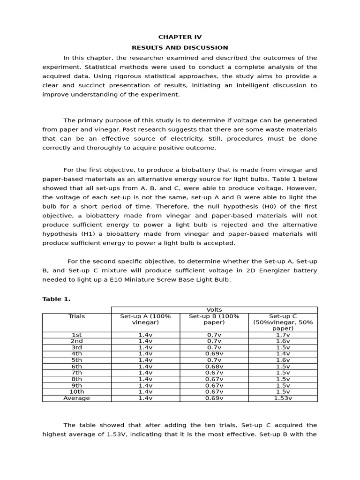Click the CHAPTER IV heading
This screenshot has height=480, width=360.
(x=180, y=37)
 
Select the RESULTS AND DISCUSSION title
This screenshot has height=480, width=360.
(x=180, y=47)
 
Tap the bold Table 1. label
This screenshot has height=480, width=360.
(x=56, y=299)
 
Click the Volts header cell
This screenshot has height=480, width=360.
(x=214, y=310)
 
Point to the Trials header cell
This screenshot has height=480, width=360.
(x=76, y=316)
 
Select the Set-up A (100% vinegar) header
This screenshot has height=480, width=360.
(x=145, y=319)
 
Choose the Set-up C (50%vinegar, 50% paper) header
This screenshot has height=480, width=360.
(x=283, y=322)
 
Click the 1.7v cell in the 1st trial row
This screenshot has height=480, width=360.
(x=283, y=335)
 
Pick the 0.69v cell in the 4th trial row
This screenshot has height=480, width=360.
(x=214, y=354)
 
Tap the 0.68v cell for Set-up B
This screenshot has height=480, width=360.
(x=214, y=367)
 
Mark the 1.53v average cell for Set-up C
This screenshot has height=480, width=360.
(x=283, y=398)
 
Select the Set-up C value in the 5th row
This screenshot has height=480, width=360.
(x=283, y=360)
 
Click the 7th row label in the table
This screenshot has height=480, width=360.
(x=76, y=373)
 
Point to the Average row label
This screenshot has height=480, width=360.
(x=76, y=398)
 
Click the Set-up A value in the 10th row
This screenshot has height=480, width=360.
(x=145, y=391)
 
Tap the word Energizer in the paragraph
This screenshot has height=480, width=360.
(x=274, y=270)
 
